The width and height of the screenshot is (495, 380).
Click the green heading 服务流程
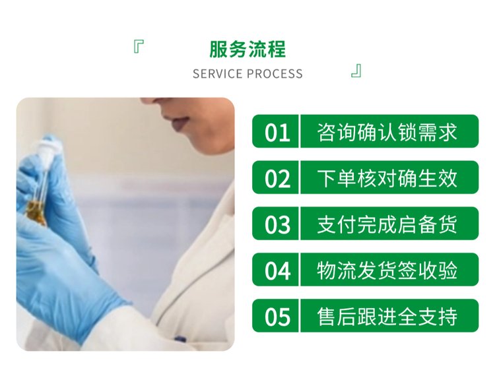[x=247, y=49]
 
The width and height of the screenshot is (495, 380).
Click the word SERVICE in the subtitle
[x=218, y=74]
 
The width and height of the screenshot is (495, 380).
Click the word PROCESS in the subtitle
[x=275, y=74]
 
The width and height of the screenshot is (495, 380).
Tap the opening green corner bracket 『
[x=139, y=47]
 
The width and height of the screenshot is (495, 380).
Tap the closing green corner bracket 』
[x=356, y=71]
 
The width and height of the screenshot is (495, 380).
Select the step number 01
[x=277, y=133]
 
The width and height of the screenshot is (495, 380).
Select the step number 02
[x=277, y=179]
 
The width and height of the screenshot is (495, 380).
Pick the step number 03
[x=277, y=225]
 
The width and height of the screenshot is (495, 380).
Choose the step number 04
[x=277, y=270]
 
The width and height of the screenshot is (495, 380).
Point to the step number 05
[x=277, y=317]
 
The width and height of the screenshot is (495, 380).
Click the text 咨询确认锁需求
[x=387, y=132]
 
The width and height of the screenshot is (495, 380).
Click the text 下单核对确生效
[x=387, y=178]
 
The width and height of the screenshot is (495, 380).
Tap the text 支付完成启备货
[x=387, y=224]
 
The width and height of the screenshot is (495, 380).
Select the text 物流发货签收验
[x=387, y=270]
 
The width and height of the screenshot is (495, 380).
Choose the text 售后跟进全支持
[x=387, y=317]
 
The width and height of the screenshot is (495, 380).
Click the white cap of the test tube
[x=46, y=152]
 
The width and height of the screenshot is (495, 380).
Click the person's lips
[x=180, y=123]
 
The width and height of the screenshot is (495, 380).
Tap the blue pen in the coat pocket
[x=180, y=339]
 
